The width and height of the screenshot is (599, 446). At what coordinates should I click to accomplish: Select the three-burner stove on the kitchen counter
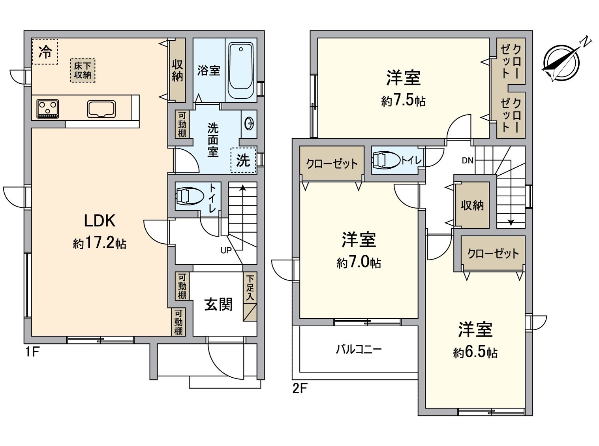(x=48, y=109)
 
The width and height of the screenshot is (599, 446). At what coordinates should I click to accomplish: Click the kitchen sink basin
(x=101, y=109)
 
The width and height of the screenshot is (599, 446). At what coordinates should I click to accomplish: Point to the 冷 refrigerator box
(x=45, y=52)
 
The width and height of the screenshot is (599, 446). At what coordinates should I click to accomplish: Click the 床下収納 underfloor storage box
(x=83, y=70)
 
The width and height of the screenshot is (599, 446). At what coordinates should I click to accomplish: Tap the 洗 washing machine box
(x=243, y=160)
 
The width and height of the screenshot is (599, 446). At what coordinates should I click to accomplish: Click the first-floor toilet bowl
(x=189, y=196)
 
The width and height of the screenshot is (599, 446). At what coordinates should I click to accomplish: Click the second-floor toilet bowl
(x=386, y=160)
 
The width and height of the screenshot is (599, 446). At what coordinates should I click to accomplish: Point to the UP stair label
(x=226, y=250)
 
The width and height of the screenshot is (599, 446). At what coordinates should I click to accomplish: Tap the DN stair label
(x=468, y=160)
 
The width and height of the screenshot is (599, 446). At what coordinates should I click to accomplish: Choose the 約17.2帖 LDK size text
(x=100, y=243)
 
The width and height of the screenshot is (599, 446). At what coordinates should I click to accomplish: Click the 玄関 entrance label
(x=218, y=305)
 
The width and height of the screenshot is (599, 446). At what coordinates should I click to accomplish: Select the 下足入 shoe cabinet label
(x=250, y=288)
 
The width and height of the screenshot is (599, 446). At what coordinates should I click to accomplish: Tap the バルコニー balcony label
(x=359, y=350)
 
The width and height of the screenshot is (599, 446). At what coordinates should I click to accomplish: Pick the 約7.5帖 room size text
(x=404, y=101)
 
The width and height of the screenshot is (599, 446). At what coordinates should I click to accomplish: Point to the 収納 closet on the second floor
(x=472, y=205)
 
